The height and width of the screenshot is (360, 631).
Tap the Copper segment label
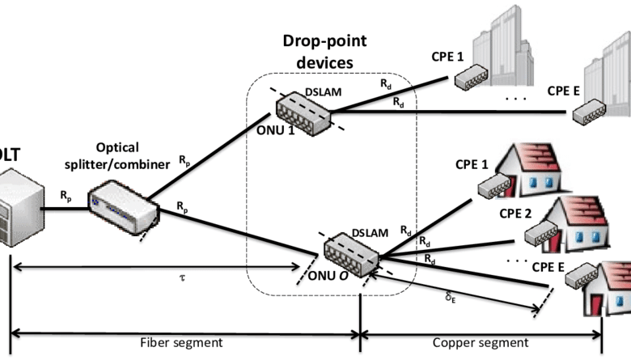point(484,342)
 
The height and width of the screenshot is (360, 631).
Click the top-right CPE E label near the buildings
point(563,90)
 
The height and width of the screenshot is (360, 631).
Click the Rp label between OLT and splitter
point(64,195)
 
